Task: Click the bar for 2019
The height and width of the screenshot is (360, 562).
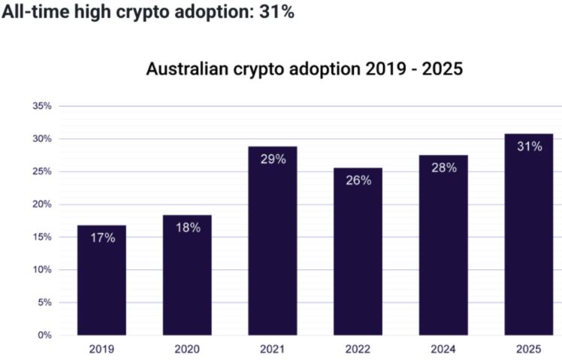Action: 101,280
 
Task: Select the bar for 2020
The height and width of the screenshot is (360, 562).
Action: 187,275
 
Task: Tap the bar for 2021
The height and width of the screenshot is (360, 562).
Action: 272,241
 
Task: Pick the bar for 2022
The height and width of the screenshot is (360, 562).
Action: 358,251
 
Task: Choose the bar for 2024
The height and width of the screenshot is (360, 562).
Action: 443,245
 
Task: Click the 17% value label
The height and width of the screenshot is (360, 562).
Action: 101,237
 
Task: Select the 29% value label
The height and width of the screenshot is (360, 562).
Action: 272,159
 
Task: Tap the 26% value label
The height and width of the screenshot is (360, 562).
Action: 358,180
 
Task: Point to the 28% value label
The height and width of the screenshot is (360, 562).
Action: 443,168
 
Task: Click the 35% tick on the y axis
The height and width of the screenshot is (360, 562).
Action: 42,106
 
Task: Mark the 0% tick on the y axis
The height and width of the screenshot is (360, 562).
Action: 44,335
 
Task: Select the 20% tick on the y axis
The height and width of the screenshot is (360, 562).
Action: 42,204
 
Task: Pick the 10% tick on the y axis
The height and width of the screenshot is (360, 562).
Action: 42,270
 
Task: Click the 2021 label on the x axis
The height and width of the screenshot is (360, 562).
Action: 272,349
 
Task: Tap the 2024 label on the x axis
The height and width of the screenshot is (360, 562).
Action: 443,349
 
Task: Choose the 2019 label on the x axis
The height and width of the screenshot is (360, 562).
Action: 101,349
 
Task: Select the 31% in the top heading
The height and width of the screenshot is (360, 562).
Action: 275,14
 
